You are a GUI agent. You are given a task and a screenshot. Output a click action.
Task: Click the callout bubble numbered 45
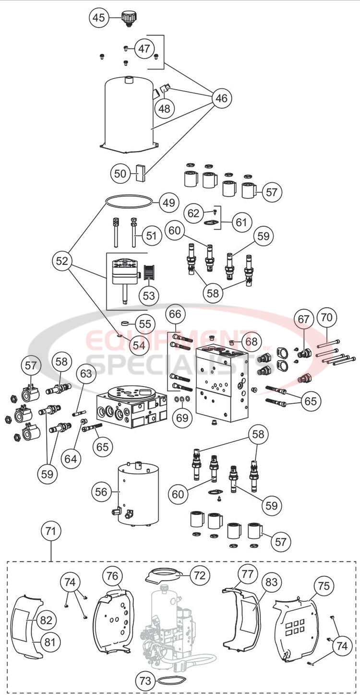tap(98, 18)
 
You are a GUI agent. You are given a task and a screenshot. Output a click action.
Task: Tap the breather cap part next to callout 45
tap(128, 18)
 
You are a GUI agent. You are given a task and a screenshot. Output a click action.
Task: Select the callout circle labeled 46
tap(222, 98)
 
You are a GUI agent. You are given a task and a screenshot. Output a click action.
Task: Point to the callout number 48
tap(164, 108)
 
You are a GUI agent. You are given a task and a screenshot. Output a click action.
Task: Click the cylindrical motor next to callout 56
tap(138, 494)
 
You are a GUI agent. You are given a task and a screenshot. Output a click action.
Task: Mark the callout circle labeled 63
tap(88, 372)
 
